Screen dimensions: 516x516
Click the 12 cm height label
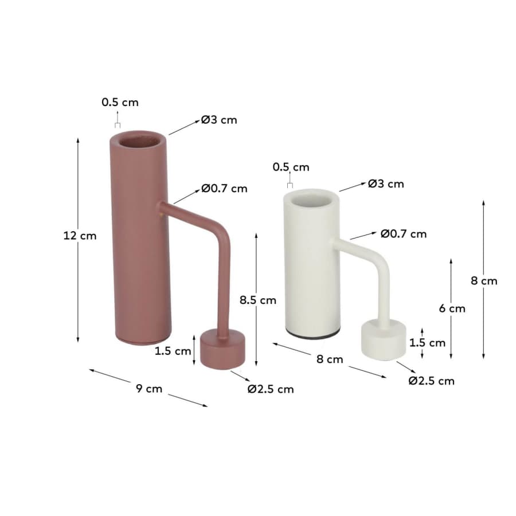(x=80, y=236)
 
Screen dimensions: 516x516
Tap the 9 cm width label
(x=149, y=389)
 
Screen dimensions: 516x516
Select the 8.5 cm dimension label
(x=257, y=300)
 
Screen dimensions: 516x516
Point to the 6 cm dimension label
(x=452, y=308)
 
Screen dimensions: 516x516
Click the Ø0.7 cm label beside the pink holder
(x=224, y=189)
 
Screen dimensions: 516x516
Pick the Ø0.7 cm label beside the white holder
(x=404, y=234)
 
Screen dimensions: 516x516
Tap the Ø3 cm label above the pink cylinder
(x=219, y=120)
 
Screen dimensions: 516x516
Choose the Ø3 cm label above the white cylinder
(x=386, y=183)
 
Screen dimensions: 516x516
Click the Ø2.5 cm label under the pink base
(x=271, y=389)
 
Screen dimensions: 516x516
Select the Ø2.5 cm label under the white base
(x=431, y=381)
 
